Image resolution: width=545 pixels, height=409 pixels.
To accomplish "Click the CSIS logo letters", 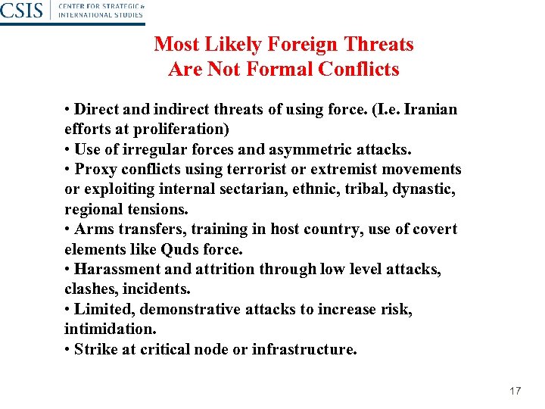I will coord(21,11).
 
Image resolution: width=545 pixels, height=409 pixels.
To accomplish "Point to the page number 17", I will coord(515,391).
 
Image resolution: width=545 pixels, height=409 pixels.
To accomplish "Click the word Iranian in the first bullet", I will coord(431,109).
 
